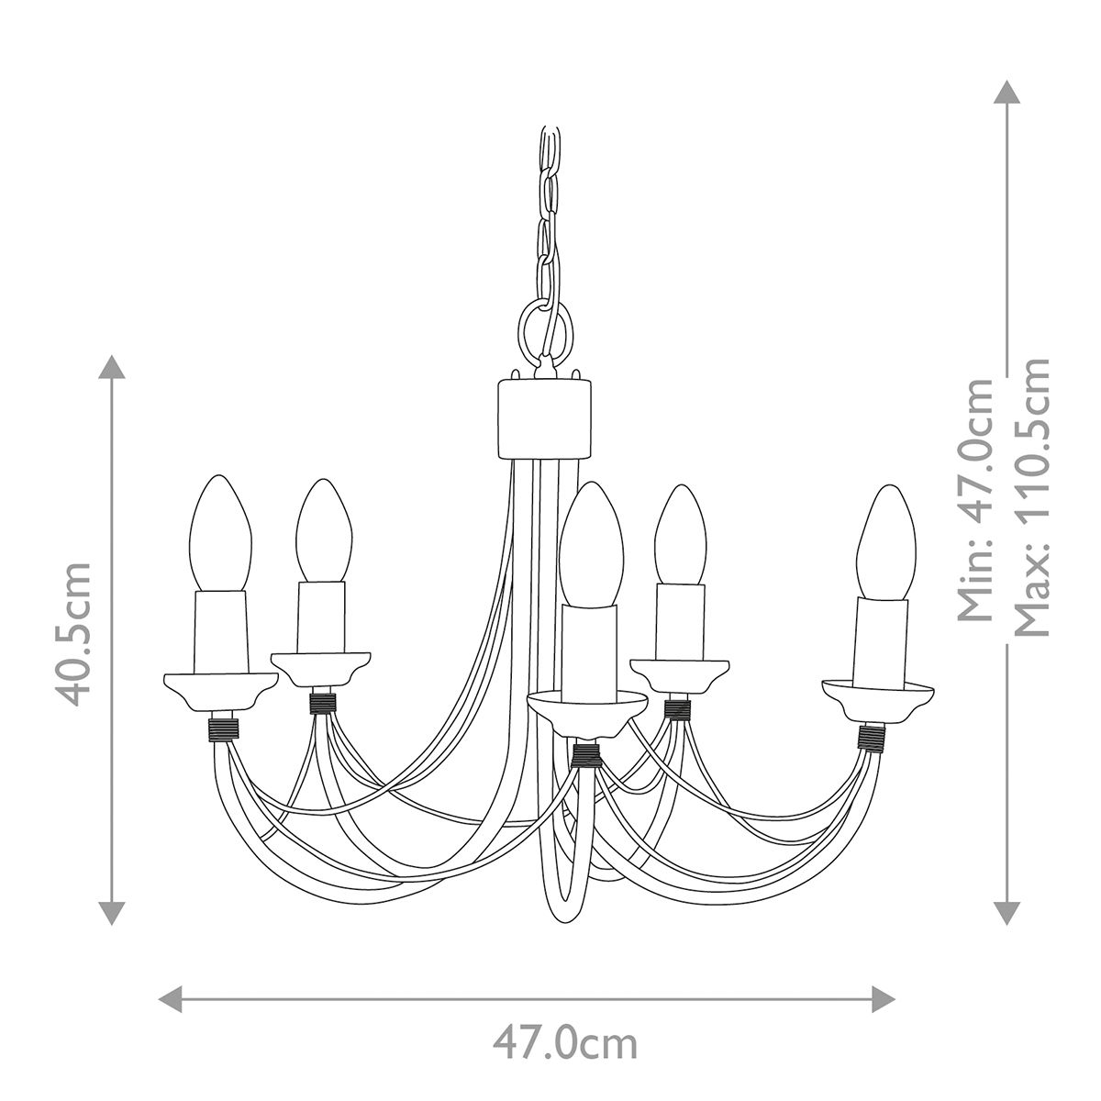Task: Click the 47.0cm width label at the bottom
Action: tap(563, 1043)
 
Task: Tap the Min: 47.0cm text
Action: tap(975, 500)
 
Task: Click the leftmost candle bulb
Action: tap(219, 532)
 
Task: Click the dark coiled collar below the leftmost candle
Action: tap(223, 729)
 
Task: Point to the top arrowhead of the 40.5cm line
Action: tap(112, 367)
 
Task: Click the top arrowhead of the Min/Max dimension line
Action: tap(1007, 93)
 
